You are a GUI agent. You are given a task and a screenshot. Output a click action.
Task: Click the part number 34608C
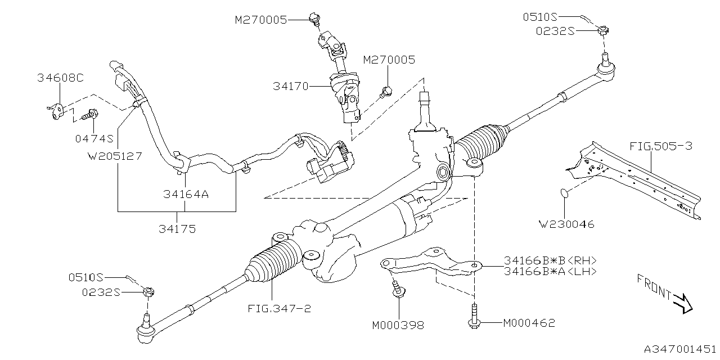coord(60,78)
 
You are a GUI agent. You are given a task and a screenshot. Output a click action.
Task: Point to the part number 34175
coord(177,229)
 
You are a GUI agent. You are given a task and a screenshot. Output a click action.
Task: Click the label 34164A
coord(186,195)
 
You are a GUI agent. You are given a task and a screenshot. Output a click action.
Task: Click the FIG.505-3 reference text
coord(661,146)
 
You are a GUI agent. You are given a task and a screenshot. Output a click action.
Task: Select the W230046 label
coord(566,224)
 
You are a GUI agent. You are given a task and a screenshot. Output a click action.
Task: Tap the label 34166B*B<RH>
coord(550,260)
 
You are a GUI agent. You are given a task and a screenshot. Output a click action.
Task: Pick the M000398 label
coord(398,325)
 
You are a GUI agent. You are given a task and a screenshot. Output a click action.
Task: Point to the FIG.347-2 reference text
coord(279,309)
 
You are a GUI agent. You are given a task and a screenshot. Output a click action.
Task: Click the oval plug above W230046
coord(564,194)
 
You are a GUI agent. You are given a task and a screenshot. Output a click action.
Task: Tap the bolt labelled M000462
coord(474,315)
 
